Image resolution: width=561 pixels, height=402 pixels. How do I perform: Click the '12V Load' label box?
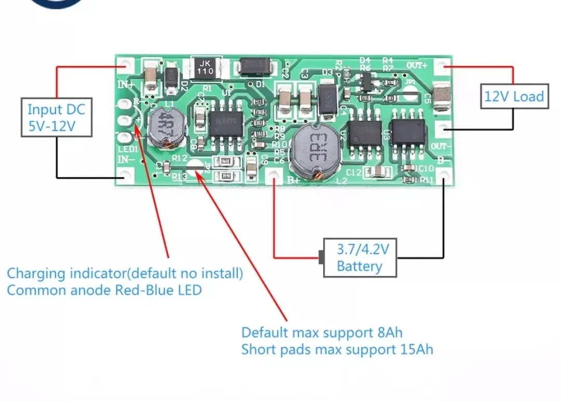click(x=514, y=96)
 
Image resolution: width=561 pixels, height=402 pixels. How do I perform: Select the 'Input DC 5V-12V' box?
click(x=56, y=118)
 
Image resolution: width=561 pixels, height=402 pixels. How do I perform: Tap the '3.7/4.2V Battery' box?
click(x=360, y=258)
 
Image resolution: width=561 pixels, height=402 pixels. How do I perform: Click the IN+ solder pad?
click(x=125, y=67)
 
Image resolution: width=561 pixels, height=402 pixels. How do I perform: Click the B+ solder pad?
click(x=274, y=178)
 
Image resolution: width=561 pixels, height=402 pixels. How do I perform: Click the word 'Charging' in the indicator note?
click(x=36, y=273)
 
